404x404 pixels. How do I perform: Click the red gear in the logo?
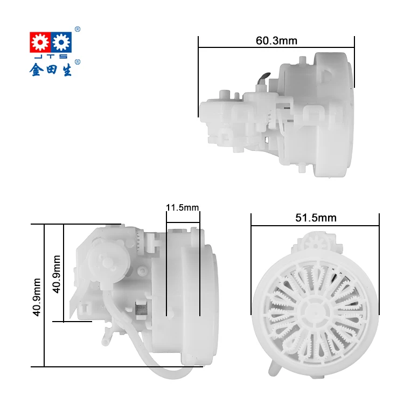coord(38,41)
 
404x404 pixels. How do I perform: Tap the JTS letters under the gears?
coord(50,57)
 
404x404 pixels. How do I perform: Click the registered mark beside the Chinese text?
coord(78,62)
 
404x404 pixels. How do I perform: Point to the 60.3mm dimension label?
coord(276,41)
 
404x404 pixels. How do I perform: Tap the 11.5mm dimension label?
coord(183,207)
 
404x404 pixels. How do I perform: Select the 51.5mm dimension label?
coord(316,218)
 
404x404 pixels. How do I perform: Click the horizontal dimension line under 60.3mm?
coord(276,47)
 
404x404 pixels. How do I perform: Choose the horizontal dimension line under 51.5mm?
coord(316,225)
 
